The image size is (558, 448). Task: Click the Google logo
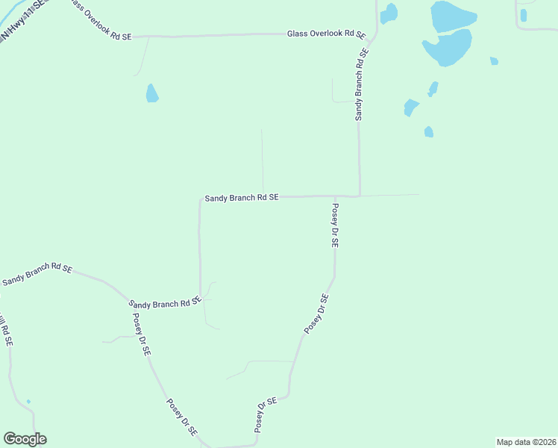(x=25, y=439)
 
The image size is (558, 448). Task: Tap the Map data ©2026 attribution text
(x=525, y=442)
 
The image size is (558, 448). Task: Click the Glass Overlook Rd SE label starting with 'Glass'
(x=327, y=34)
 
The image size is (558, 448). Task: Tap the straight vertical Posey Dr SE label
(x=335, y=225)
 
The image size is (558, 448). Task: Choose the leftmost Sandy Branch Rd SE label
(x=37, y=274)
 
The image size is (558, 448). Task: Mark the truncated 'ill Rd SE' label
(x=6, y=332)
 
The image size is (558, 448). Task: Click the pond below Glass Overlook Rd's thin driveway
(x=152, y=93)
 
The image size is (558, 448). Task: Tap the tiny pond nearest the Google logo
(x=28, y=402)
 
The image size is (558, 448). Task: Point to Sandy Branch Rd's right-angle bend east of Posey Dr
(x=360, y=196)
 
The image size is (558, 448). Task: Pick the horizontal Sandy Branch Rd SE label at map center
(x=242, y=198)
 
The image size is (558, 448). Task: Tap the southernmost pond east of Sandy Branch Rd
(x=428, y=132)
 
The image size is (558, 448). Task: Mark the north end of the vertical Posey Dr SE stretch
(x=333, y=197)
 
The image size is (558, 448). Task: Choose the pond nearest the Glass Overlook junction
(x=388, y=13)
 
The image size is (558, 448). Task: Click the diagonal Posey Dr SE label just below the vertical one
(x=316, y=314)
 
